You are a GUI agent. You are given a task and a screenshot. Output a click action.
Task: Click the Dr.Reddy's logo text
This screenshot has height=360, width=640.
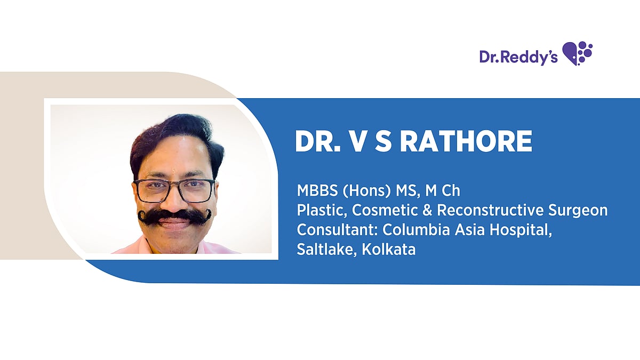click(518, 57)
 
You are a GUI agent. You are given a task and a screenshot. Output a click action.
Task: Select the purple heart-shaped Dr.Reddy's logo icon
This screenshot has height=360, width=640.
click(578, 53)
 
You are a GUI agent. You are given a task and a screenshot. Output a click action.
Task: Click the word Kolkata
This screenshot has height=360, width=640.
click(389, 249)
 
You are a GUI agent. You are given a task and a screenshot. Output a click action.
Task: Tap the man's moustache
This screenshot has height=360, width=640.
click(174, 215)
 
